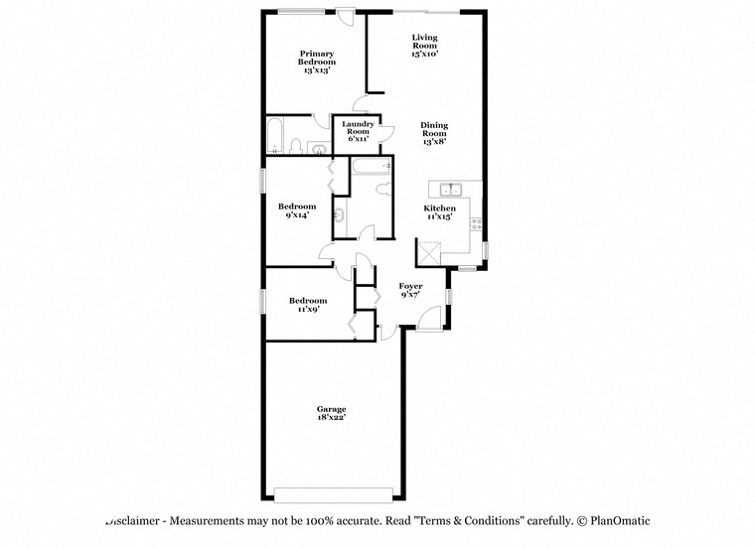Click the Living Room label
coord(425,42)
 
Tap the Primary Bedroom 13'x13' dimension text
coord(317,70)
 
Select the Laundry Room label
coord(359,127)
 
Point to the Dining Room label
coord(434,129)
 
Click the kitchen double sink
coord(451,190)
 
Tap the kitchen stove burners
coord(476,223)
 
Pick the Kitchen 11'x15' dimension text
coord(440,216)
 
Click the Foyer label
coord(410,286)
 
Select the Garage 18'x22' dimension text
coord(331,417)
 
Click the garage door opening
coord(333,495)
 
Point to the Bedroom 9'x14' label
coord(297,210)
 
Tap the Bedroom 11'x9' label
coord(308,305)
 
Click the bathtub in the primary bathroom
coord(275,135)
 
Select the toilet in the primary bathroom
coord(296,146)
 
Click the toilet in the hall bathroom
coord(384,189)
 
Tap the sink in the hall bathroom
coord(340,215)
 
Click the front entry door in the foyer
coord(429,319)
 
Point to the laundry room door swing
coord(387,132)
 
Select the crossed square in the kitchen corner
coord(429,253)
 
